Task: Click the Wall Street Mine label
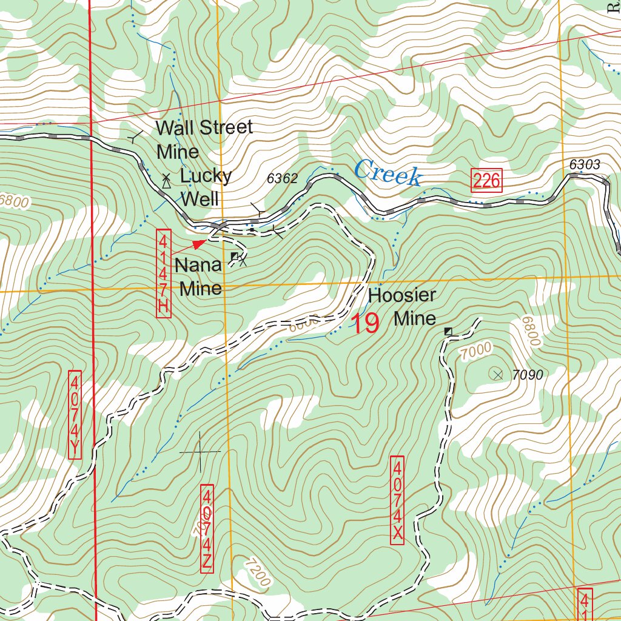click(204, 139)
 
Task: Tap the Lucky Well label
click(206, 187)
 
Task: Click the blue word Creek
click(388, 173)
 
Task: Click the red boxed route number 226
click(487, 181)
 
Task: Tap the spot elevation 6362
click(283, 178)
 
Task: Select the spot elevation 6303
click(585, 164)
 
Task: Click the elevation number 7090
click(527, 375)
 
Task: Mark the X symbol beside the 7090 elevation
click(498, 375)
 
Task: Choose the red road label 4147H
click(164, 273)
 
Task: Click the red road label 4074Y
click(75, 414)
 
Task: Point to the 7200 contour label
click(257, 572)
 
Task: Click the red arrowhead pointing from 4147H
click(198, 244)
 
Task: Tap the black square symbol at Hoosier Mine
click(448, 331)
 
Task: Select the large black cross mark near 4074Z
click(200, 452)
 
